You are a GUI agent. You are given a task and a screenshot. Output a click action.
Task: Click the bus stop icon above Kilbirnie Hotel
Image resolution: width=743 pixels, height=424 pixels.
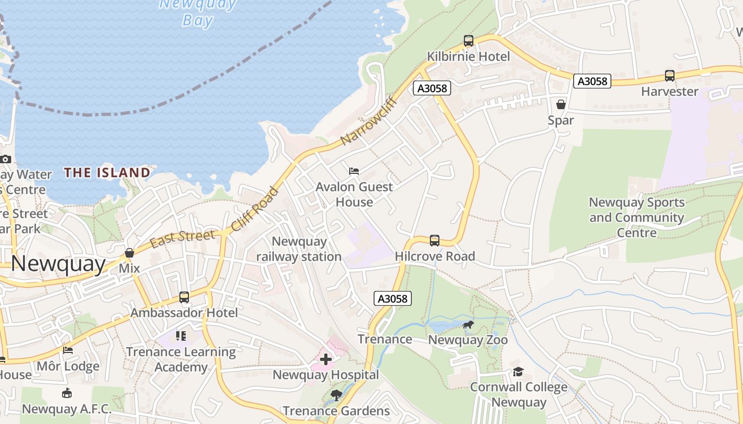pos(468,41)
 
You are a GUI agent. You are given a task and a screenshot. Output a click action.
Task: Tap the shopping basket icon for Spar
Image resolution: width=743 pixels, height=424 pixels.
pos(560,104)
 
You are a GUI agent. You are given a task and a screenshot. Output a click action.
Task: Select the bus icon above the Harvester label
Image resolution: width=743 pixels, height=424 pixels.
pos(669,76)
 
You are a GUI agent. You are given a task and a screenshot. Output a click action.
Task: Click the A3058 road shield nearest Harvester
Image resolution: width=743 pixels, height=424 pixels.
pos(592,81)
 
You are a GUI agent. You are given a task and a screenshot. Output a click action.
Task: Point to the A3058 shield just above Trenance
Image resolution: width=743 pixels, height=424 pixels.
pos(393,298)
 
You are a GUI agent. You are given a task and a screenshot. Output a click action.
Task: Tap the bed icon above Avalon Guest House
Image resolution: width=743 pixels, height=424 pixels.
pos(354,171)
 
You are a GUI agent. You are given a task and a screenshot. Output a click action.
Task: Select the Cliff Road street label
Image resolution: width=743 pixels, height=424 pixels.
pos(255,209)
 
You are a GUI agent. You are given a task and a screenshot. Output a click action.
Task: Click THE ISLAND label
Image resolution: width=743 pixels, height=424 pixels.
pos(107,172)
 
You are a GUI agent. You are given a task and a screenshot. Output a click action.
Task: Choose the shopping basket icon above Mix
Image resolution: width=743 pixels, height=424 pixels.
pos(129,253)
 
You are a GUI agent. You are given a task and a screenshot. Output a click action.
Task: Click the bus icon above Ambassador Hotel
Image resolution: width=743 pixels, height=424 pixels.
pos(184,297)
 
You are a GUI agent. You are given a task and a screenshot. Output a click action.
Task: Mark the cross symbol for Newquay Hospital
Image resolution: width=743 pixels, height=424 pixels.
pos(326,359)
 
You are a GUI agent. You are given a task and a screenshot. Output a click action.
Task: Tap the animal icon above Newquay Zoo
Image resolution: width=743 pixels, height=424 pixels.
pos(468,324)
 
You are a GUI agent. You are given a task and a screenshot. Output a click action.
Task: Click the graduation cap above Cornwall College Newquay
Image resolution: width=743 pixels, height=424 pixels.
pos(518,372)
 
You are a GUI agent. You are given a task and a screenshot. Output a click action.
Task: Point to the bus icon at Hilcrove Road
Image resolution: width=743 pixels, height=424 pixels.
pos(434,241)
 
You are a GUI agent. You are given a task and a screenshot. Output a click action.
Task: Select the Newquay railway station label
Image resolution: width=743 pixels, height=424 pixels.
pos(299,249)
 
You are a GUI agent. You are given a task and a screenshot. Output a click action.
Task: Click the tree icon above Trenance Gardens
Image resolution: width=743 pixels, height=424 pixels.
pos(336,395)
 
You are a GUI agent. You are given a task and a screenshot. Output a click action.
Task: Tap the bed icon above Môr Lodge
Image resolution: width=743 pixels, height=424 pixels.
pos(68,350)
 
